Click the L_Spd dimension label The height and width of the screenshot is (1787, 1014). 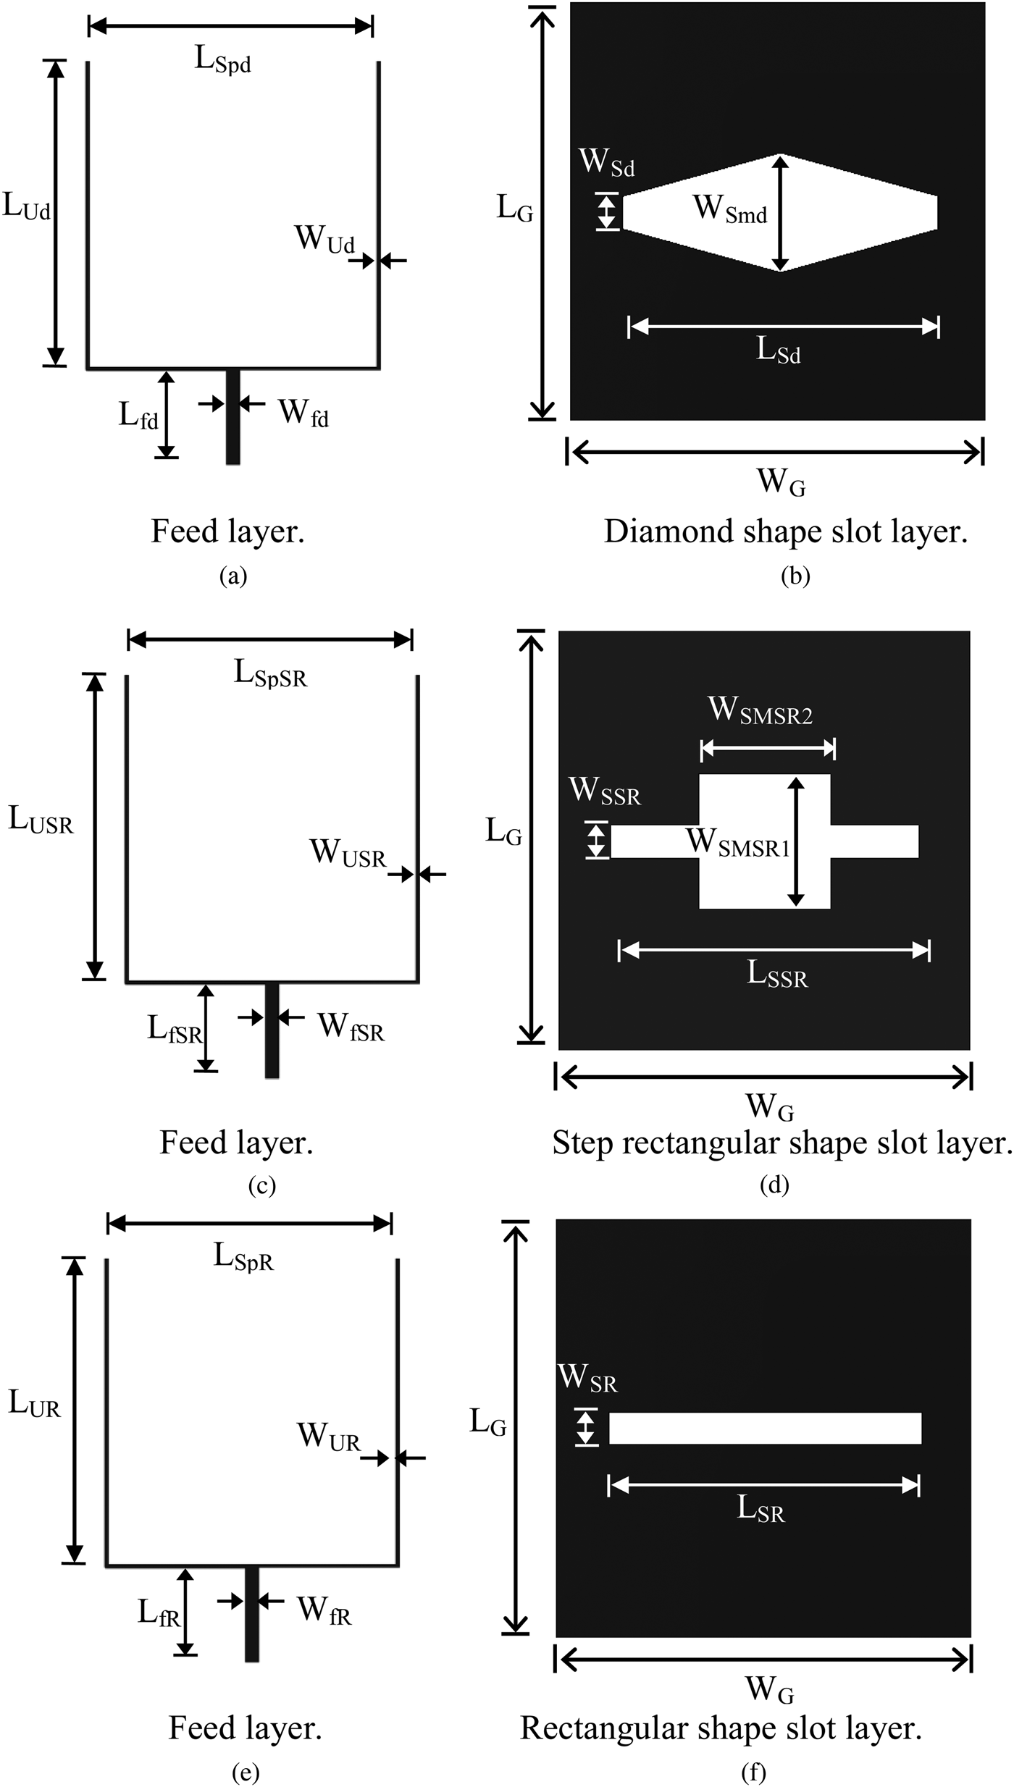coord(222,59)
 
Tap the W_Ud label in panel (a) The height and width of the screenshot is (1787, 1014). coord(324,239)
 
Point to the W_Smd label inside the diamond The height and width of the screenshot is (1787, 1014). coord(729,209)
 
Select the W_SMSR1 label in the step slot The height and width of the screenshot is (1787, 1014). coord(737,843)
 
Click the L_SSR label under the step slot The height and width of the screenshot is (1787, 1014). coord(776,975)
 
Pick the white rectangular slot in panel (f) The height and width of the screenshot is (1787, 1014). coord(765,1428)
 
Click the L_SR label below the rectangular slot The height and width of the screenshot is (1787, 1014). coord(760,1509)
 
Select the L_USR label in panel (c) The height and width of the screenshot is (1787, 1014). coord(41,820)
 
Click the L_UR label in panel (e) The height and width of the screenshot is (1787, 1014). coord(34,1404)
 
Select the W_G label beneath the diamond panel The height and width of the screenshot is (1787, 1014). coord(780,482)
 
